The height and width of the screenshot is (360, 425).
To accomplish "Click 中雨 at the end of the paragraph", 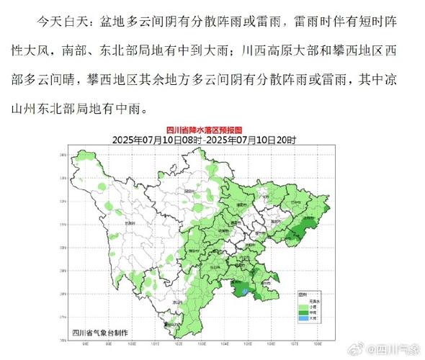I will [x=134, y=109].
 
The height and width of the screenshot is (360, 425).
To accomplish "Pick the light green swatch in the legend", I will [x=304, y=305].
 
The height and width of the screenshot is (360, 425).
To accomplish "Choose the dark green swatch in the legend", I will [x=304, y=310].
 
